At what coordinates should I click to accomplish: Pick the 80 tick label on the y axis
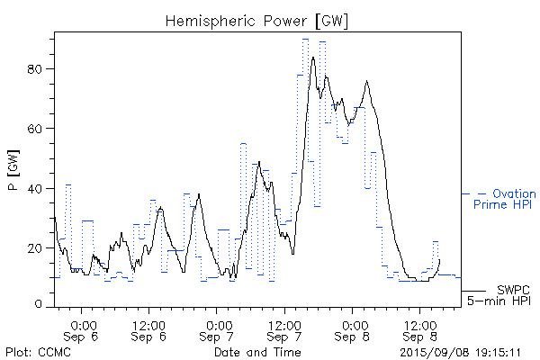coord(39,68)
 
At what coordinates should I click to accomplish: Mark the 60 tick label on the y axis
coord(39,128)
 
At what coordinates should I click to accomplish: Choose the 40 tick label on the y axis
coord(39,188)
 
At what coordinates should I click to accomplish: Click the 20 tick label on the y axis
coord(39,247)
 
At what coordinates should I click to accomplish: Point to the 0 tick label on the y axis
coord(42,305)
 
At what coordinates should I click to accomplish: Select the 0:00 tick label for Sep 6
coord(83,324)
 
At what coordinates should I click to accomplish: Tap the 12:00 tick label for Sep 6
coord(148,324)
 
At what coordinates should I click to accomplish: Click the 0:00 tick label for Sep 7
coord(218,324)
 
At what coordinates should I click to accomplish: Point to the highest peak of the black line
coord(313,58)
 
